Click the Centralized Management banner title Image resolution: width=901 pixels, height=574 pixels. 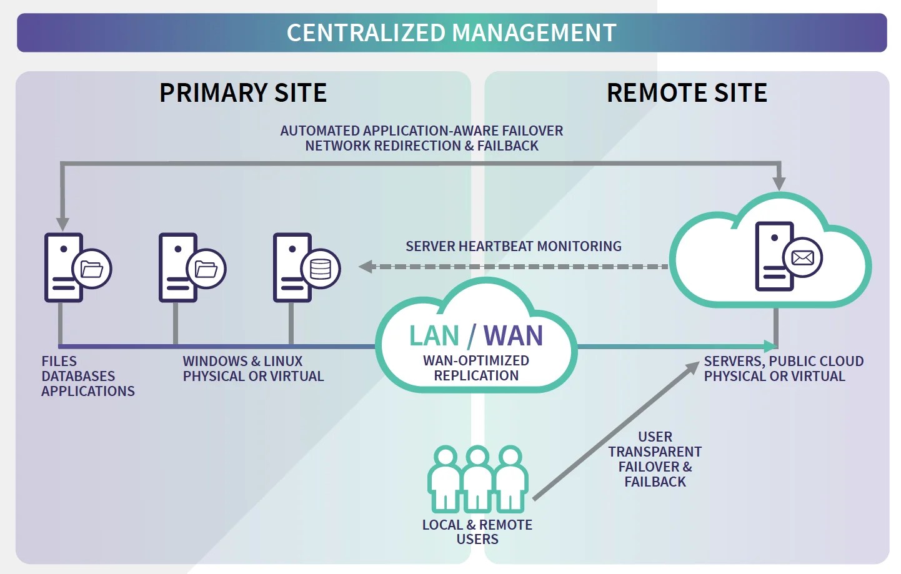pos(451,32)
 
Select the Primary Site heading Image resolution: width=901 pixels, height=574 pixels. pos(243,93)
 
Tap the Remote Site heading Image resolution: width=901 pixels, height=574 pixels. pos(687,93)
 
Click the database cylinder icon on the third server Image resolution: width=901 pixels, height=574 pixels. pos(321,269)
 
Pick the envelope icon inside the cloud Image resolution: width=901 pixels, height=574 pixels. pos(803,257)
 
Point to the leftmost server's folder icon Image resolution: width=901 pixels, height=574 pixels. pos(92,269)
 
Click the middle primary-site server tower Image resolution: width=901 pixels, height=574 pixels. pos(177,267)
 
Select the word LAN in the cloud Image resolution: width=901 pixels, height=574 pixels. pos(434,336)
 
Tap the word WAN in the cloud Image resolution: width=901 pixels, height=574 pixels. pos(513,336)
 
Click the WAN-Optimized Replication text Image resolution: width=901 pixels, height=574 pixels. pos(476,368)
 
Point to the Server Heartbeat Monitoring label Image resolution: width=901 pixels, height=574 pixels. pos(514,246)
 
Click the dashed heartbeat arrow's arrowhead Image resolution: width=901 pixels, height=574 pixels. pos(366,267)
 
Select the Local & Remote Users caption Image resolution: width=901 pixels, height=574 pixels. pos(477,532)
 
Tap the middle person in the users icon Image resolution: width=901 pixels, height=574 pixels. pos(478,478)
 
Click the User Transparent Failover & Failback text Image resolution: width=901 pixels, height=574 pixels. pos(655,459)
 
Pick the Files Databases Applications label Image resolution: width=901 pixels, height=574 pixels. pos(87,376)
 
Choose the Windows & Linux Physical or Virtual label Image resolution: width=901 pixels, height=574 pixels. pos(253,369)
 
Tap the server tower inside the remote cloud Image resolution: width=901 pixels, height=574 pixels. pos(774,256)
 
